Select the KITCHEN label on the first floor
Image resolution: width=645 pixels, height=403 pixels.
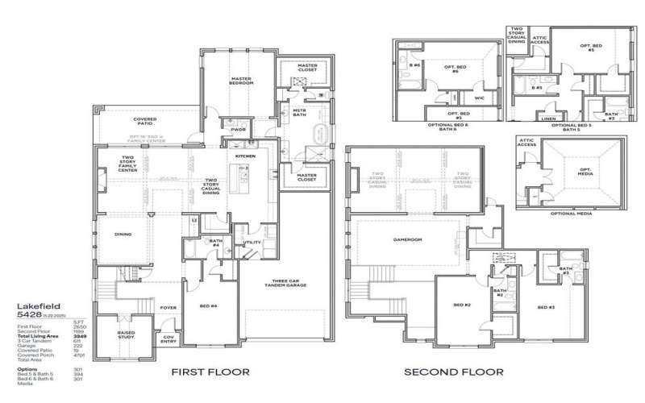coord(245,156)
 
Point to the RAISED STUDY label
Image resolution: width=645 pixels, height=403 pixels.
coord(127,334)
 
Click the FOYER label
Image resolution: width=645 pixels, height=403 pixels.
coord(168,307)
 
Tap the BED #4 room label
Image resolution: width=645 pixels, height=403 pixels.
coord(210,307)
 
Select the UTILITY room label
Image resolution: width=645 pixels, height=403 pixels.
coord(251,242)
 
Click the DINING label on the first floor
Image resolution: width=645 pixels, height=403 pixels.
coord(123,235)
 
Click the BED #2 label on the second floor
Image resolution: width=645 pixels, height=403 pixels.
coord(461,305)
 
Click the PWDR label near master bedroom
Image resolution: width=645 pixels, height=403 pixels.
coord(238,129)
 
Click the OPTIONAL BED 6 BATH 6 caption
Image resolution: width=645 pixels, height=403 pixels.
coord(451,127)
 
